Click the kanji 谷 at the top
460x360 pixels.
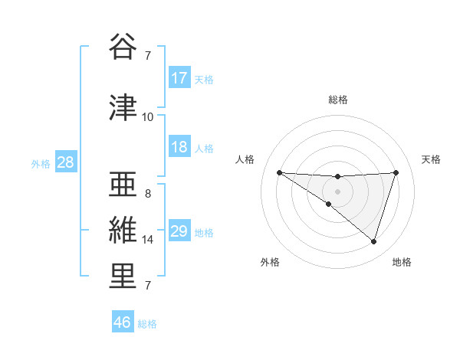coord(123,48)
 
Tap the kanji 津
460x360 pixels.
coord(123,108)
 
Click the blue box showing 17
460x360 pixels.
coord(179,78)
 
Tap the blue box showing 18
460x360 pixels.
coord(179,147)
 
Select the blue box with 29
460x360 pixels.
coord(179,231)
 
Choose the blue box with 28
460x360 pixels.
coord(65,162)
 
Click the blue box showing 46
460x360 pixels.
coord(123,322)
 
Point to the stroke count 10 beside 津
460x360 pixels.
coord(148,117)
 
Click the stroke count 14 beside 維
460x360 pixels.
coord(148,240)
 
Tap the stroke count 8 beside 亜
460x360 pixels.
coord(148,194)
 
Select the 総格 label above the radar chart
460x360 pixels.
coord(337,100)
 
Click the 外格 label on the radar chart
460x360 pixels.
coord(270,262)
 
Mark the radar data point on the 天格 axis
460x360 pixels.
coord(396,172)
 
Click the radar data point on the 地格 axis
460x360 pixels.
coord(373,241)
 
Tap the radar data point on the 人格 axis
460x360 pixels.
coord(279,172)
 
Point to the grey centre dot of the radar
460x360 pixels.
coord(337,191)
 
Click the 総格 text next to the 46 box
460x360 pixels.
coord(147,324)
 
